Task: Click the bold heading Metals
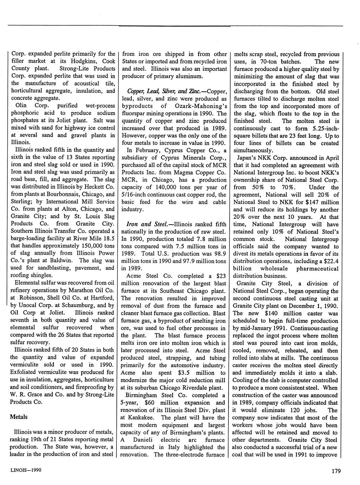point(19,417)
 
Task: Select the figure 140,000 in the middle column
point(160,187)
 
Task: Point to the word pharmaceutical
point(318,269)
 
